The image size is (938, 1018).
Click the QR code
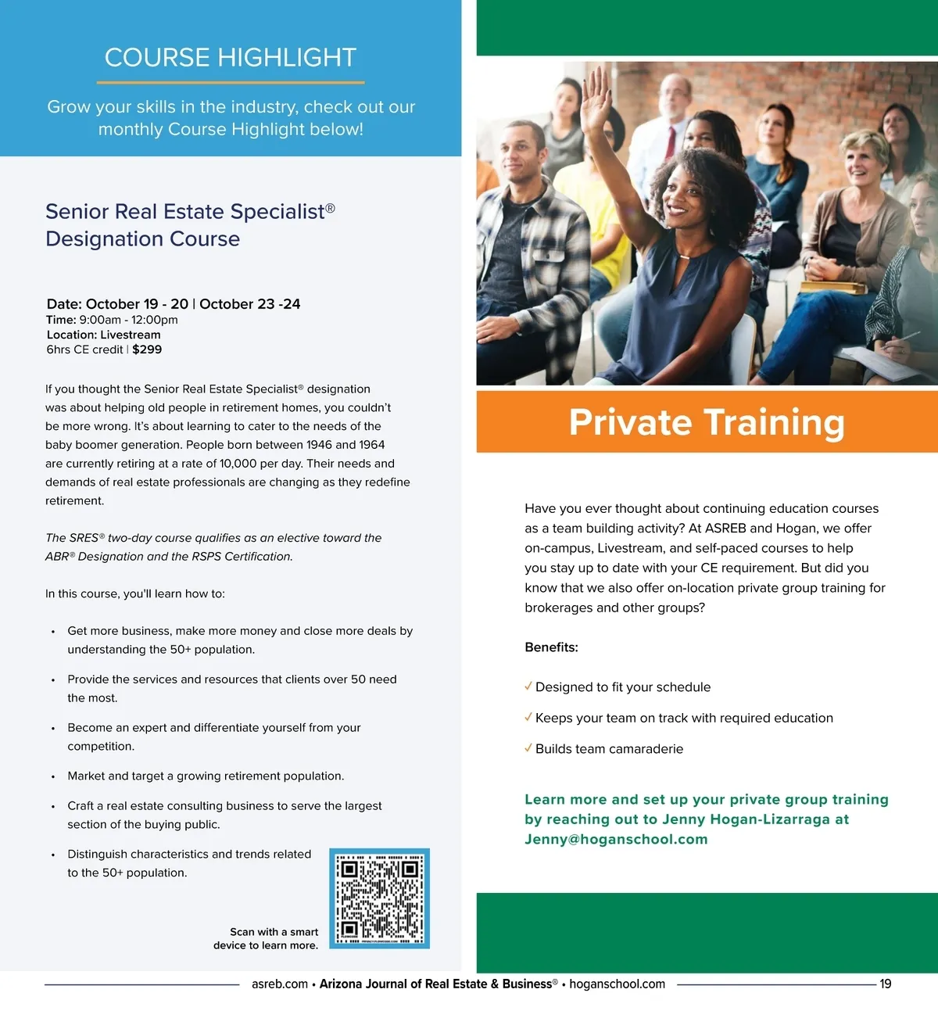tap(379, 898)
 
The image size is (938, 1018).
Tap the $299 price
tap(147, 349)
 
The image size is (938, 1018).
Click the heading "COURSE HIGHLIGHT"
tap(231, 58)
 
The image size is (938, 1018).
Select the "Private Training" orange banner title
tap(707, 422)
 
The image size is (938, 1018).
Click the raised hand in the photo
tap(596, 93)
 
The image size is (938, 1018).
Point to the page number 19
tap(885, 984)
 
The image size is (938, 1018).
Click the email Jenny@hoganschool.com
tap(616, 839)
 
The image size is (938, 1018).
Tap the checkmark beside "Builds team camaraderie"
tap(528, 748)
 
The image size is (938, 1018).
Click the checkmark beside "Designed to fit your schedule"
tap(528, 686)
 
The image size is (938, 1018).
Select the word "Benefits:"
tap(551, 647)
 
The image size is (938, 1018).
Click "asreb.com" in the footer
tap(279, 984)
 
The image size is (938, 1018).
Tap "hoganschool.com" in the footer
tap(617, 984)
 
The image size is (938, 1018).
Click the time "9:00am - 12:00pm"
tap(128, 320)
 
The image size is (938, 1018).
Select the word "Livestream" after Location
tap(131, 335)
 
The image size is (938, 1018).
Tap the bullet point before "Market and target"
tap(53, 777)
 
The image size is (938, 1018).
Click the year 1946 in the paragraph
tap(319, 445)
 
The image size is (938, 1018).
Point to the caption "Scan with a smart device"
tap(266, 938)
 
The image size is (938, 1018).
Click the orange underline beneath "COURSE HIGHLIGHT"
tap(231, 82)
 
